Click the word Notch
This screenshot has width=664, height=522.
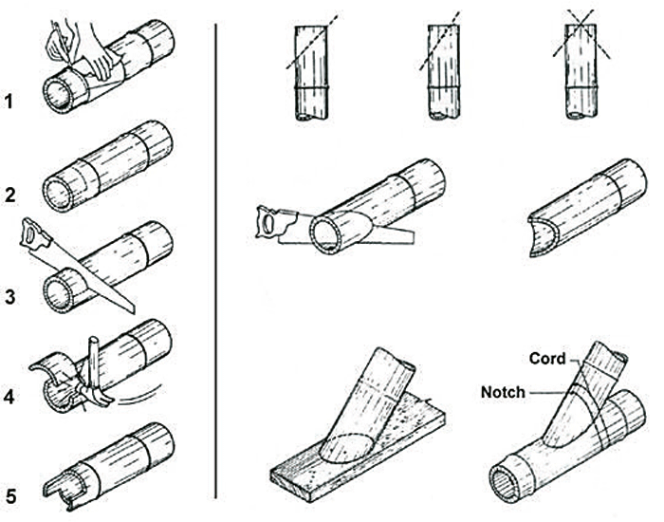point(503,390)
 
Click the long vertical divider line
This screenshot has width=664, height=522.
point(217,256)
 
